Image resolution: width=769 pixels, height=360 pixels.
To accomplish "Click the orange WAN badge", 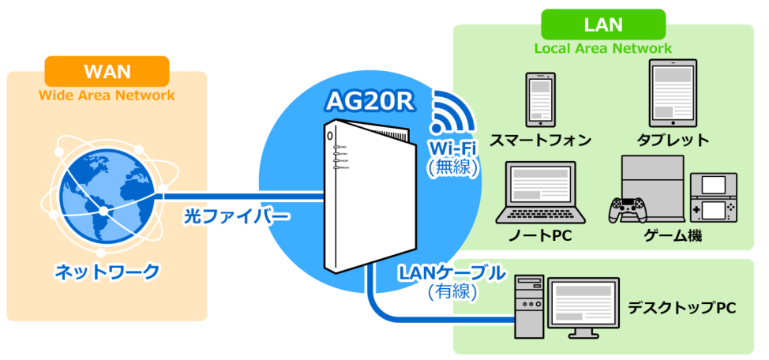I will coord(107,70).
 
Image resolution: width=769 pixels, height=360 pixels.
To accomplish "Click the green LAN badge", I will coord(602,24).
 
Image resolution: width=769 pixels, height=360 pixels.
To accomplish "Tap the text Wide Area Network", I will coord(107,96).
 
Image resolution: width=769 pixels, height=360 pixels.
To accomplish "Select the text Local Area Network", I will coord(602,48).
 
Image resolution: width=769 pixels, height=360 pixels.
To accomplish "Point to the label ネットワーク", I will coord(107,272).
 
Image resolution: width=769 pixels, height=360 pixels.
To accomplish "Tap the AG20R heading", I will coord(368,102).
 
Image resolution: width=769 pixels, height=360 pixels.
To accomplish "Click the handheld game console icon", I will coord(715,197).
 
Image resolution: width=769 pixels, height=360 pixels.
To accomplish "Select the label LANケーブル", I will coord(452,273).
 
